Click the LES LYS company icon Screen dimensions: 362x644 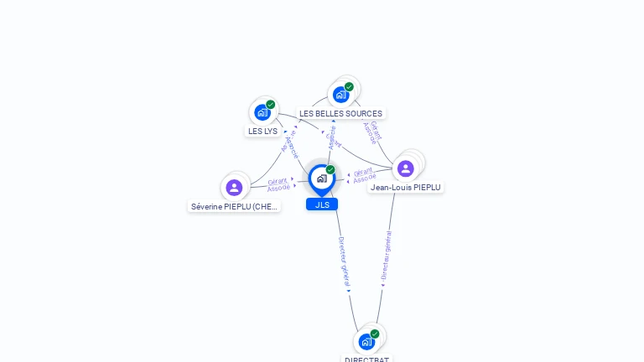262,112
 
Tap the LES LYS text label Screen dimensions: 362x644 262,131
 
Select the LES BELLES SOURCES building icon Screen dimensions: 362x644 340,95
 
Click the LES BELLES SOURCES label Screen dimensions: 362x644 340,113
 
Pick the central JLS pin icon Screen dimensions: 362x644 321,178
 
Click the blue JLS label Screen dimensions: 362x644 322,204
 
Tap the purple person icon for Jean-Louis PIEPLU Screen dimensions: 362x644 406,168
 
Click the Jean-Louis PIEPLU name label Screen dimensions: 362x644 406,188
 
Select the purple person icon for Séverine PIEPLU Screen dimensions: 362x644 234,188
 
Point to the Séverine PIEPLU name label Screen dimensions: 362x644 234,206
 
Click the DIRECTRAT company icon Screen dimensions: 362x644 366,342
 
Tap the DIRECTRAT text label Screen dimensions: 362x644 366,359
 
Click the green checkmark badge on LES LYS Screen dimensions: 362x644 271,105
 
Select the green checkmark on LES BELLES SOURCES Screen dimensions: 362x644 349,87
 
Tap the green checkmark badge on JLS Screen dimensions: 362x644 330,170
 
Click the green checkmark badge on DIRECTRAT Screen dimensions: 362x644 375,334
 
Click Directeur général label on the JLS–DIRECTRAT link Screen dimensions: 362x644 343,261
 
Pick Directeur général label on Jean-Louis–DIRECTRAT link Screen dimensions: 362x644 386,255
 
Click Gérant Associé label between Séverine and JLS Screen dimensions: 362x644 278,185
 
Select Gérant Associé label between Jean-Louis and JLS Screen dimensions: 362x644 364,175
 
